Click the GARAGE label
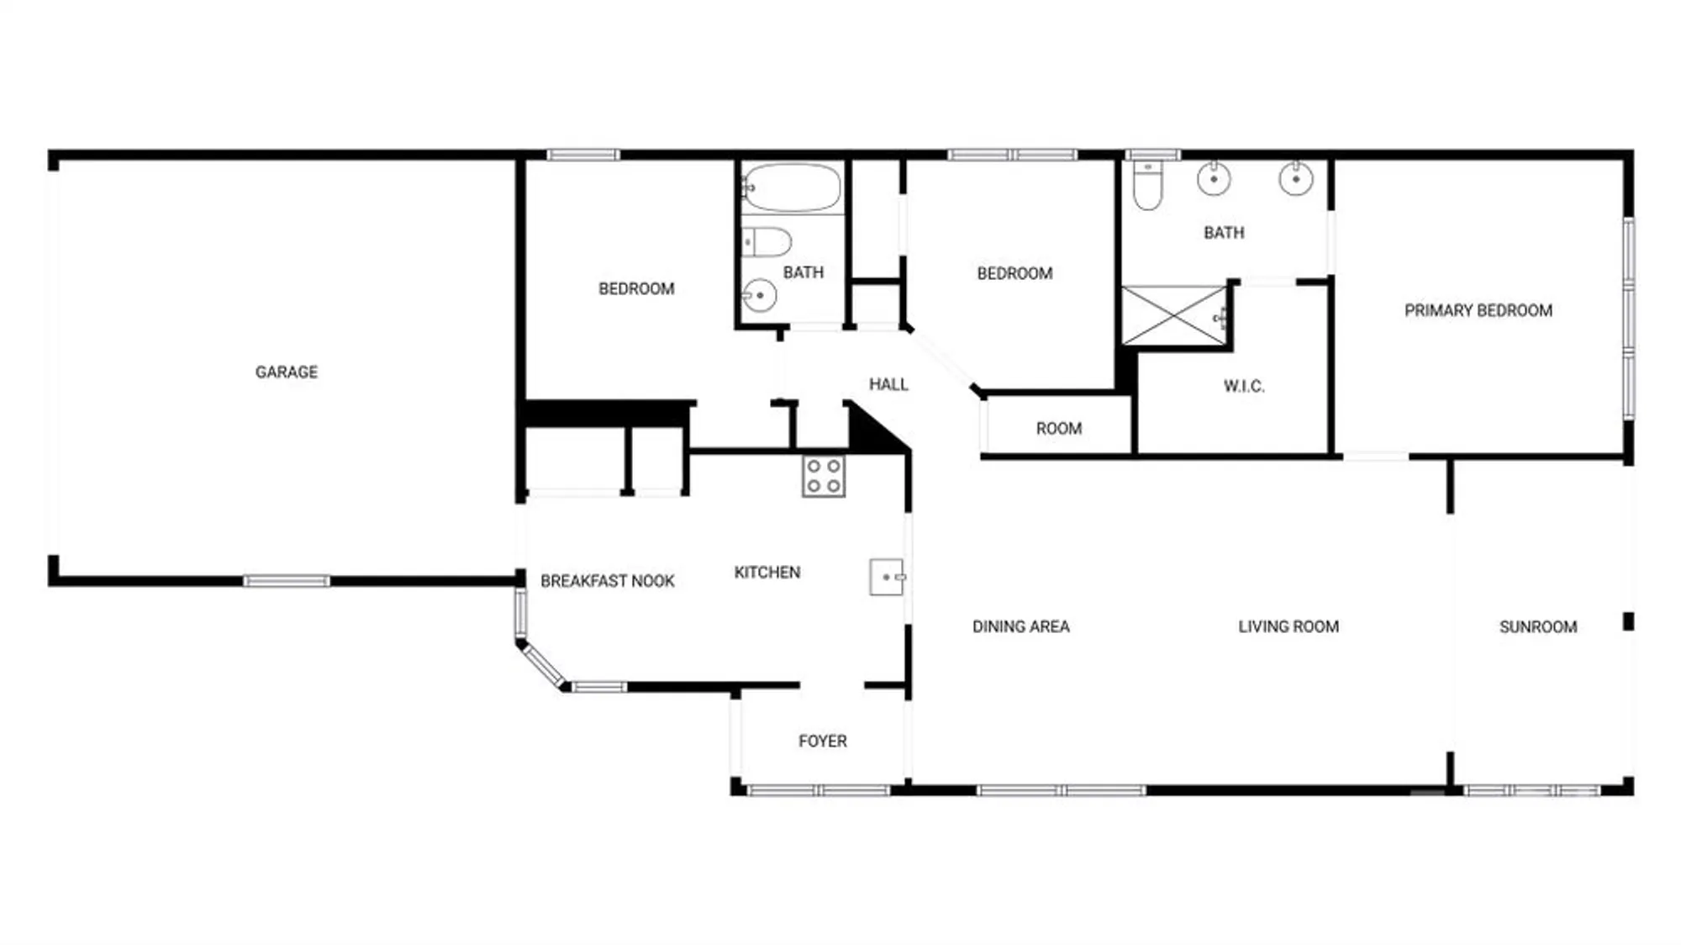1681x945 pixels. [287, 372]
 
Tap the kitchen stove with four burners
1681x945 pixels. [823, 476]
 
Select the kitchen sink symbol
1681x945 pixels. [886, 578]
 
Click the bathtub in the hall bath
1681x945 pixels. [790, 187]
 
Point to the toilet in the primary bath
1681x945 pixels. [1147, 186]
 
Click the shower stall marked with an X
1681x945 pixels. [1174, 315]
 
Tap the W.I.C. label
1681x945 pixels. [1244, 386]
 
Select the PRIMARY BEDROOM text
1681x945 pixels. [1478, 310]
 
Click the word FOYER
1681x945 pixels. [822, 741]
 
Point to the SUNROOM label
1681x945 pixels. [1537, 626]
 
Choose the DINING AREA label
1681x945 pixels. [1020, 626]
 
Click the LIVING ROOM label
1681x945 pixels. [1288, 626]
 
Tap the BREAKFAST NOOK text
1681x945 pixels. [607, 581]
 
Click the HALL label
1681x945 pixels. [888, 384]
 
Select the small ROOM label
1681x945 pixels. [1058, 429]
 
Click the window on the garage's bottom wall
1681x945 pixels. [287, 581]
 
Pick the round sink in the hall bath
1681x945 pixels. [759, 295]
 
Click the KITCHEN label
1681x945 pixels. [767, 573]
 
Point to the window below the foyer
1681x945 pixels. [818, 790]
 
